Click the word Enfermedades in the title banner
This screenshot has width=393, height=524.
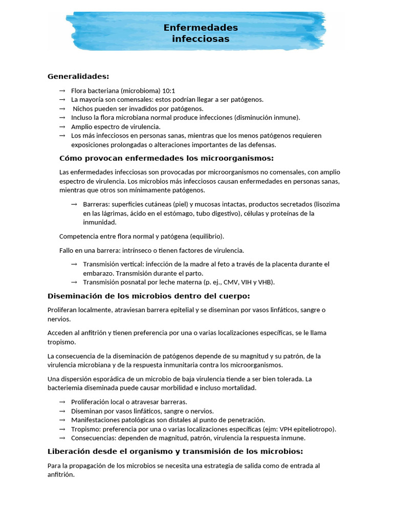coord(201,27)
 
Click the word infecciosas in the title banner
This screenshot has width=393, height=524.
coord(201,39)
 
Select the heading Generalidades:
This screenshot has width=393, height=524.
coord(78,76)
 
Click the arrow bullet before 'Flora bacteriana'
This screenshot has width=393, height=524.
coord(62,91)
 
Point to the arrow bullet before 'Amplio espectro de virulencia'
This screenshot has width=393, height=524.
coord(62,126)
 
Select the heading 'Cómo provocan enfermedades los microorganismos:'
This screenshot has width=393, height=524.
coord(167,158)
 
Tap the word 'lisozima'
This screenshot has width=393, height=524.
coord(326,204)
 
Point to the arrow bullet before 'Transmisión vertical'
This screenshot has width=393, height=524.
coord(74,264)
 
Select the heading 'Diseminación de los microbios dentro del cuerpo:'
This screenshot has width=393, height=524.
coord(149,296)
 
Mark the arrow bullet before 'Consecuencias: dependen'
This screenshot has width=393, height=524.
coord(62,438)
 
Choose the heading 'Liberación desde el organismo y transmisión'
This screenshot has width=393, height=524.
coord(175,451)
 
